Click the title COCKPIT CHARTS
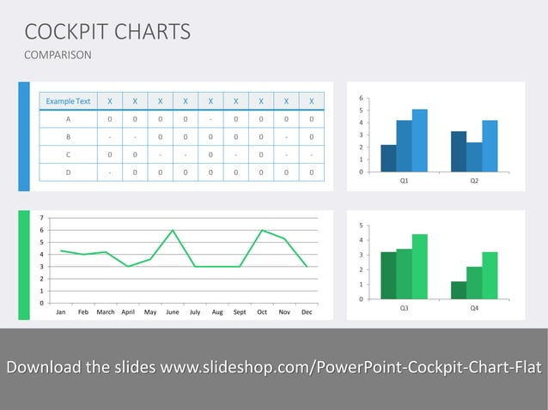[107, 33]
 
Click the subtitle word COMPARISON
[58, 56]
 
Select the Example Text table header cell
[68, 101]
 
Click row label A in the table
[68, 119]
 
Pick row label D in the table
[68, 172]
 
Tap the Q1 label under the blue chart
[404, 181]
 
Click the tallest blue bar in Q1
[419, 140]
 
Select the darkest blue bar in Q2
[459, 151]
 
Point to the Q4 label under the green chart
[474, 308]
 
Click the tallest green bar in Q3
[419, 266]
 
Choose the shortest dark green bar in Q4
[459, 290]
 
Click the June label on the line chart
[173, 312]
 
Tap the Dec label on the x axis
[307, 312]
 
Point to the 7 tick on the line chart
[40, 219]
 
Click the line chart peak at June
[173, 231]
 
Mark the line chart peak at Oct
[262, 231]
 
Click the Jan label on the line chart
[61, 312]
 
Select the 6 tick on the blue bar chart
[360, 98]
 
